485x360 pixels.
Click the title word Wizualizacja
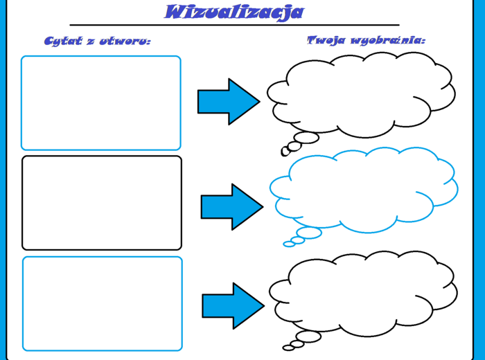[x=234, y=12]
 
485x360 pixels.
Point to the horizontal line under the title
[x=234, y=25]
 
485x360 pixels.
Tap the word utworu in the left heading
[x=124, y=41]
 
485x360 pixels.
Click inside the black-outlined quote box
[x=101, y=203]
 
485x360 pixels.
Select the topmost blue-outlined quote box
[x=100, y=102]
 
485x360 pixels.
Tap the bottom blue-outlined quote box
[x=103, y=304]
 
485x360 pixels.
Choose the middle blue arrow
[x=232, y=206]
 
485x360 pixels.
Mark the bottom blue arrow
[x=233, y=305]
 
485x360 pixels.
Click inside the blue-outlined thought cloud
[x=362, y=190]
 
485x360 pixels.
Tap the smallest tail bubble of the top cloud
[x=285, y=151]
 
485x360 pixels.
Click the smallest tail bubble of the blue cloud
[x=289, y=244]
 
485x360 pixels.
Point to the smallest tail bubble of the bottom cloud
[x=288, y=348]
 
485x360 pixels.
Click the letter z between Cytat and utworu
[x=91, y=42]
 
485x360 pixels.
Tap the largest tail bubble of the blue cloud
[x=308, y=233]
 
